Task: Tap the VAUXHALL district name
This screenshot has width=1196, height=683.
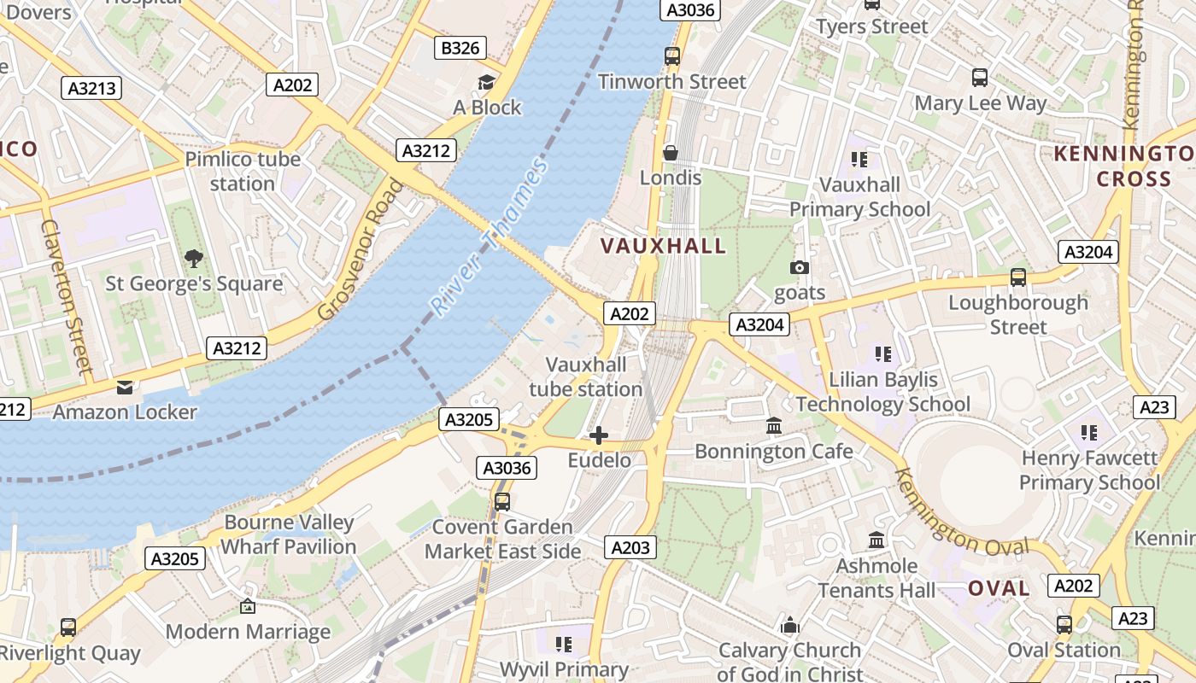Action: [663, 247]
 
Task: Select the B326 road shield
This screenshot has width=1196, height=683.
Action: [460, 48]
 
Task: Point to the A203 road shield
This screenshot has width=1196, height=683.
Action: [630, 547]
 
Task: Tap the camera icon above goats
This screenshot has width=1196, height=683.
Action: [800, 267]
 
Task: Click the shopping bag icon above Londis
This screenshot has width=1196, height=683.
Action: [671, 153]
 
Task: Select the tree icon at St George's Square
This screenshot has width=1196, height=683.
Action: [194, 258]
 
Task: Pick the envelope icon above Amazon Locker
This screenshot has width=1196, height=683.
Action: [125, 388]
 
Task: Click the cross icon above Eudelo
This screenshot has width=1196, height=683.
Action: [599, 435]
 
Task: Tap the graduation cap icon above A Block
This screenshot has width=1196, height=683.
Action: [486, 82]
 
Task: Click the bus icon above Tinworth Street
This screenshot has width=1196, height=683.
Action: [672, 56]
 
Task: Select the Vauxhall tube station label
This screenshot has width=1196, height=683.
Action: [586, 377]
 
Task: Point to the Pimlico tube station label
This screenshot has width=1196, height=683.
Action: [243, 171]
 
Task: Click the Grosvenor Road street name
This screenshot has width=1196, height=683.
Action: [359, 248]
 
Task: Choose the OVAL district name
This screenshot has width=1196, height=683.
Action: [999, 588]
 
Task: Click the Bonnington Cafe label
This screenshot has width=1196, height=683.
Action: [773, 451]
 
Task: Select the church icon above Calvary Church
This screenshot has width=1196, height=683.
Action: [790, 626]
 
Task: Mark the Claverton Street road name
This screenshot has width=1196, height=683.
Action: [66, 295]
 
